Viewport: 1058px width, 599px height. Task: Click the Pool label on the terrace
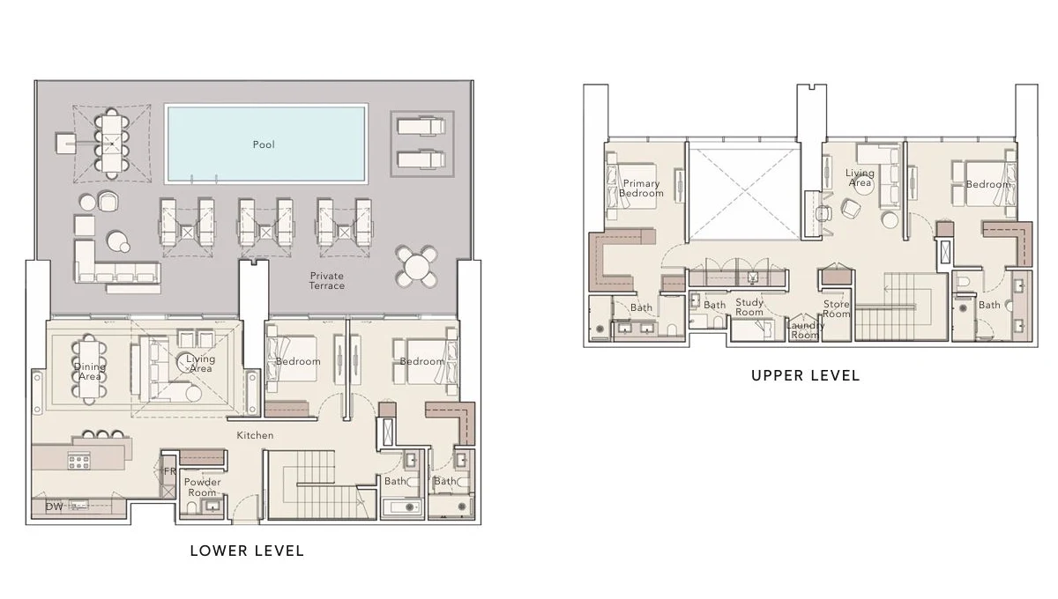pos(264,144)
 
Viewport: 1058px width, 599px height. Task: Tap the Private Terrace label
pos(326,281)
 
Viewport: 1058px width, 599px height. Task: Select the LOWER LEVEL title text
pos(247,551)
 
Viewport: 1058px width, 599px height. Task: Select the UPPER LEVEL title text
pos(805,375)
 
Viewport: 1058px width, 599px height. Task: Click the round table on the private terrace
pos(417,265)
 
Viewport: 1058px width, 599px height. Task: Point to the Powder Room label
pos(202,487)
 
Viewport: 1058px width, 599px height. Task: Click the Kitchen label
pos(255,435)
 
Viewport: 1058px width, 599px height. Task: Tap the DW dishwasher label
pos(54,507)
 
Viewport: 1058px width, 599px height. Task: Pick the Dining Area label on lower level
pos(90,372)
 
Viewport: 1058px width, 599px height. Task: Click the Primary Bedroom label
pos(640,189)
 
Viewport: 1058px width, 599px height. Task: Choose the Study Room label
pos(749,307)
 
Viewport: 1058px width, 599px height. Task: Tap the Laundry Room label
pos(805,329)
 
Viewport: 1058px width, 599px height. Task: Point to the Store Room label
pos(836,309)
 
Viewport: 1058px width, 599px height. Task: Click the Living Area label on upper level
pos(860,178)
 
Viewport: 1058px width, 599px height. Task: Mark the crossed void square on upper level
pos(743,191)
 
